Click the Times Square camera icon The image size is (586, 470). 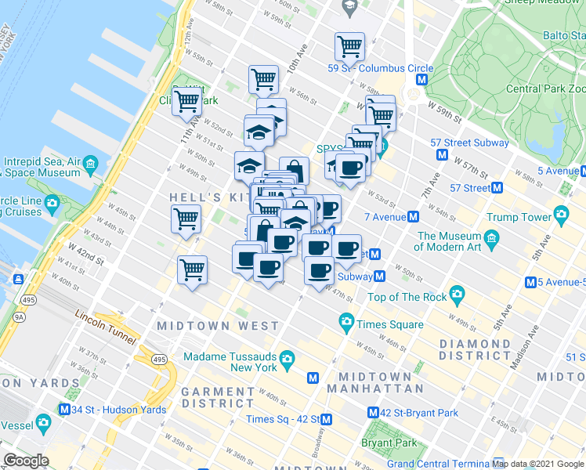(346, 322)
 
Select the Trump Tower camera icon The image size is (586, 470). (561, 214)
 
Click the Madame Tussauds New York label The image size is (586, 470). (230, 362)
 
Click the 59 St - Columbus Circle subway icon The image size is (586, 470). (422, 80)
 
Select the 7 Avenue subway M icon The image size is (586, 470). (413, 216)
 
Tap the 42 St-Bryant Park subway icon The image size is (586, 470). (373, 413)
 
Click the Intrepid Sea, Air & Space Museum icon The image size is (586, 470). (90, 164)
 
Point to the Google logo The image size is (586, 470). (26, 461)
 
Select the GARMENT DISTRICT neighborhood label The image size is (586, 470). (217, 397)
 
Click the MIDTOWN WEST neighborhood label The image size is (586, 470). (218, 326)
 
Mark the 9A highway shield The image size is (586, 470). (16, 316)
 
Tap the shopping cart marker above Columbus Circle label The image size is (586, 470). (349, 46)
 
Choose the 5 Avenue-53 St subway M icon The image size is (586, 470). (530, 282)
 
